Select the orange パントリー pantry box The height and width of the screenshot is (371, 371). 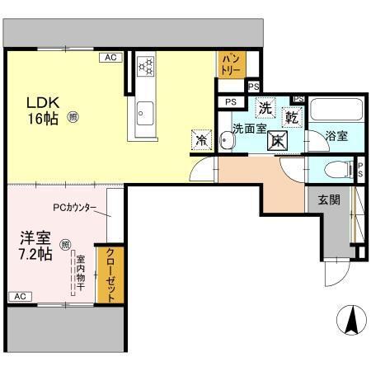(x=230, y=63)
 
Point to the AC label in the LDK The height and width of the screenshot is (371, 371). (x=109, y=58)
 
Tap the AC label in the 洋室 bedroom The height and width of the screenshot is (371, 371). (x=20, y=296)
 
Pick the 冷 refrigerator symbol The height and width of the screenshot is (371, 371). (x=200, y=139)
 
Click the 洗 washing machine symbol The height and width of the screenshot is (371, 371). (x=265, y=107)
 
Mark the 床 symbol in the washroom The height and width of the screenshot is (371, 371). (x=278, y=139)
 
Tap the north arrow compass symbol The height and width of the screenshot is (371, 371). (x=350, y=319)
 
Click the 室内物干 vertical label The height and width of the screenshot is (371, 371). (x=81, y=271)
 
